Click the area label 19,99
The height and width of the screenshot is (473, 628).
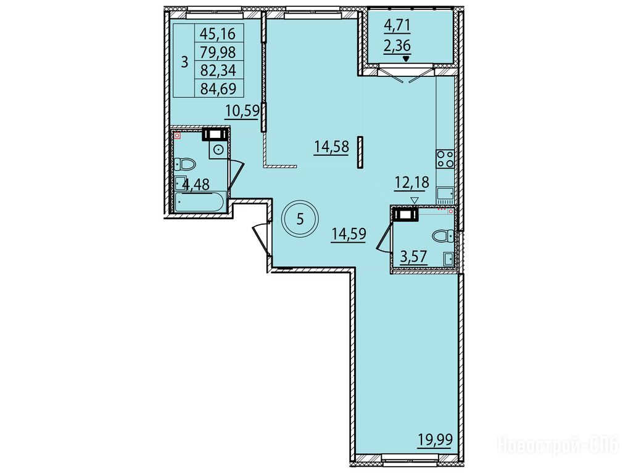coord(435,440)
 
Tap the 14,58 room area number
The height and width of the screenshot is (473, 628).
coord(331,147)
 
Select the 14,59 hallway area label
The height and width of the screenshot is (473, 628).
coord(349,233)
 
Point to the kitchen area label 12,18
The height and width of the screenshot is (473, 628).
coord(411,182)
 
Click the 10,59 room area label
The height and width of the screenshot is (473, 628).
coord(242,110)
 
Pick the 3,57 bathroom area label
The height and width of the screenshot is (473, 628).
coord(414,256)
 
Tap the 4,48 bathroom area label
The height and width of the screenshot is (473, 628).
coord(196,185)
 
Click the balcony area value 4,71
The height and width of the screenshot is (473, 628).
coord(397,26)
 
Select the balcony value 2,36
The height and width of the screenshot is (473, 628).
coord(397,46)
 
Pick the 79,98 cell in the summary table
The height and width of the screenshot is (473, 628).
coord(218,52)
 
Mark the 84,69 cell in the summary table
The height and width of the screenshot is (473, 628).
coord(218,88)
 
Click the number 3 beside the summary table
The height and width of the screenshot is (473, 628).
coord(184,62)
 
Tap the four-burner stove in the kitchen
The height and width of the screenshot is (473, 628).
coord(445,159)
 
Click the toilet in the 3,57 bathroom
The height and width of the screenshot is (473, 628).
coord(444,235)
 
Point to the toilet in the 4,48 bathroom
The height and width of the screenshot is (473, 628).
coord(185,164)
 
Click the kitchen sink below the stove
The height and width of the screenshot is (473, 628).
coord(445,194)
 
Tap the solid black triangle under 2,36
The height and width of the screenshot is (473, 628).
coord(406,59)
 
